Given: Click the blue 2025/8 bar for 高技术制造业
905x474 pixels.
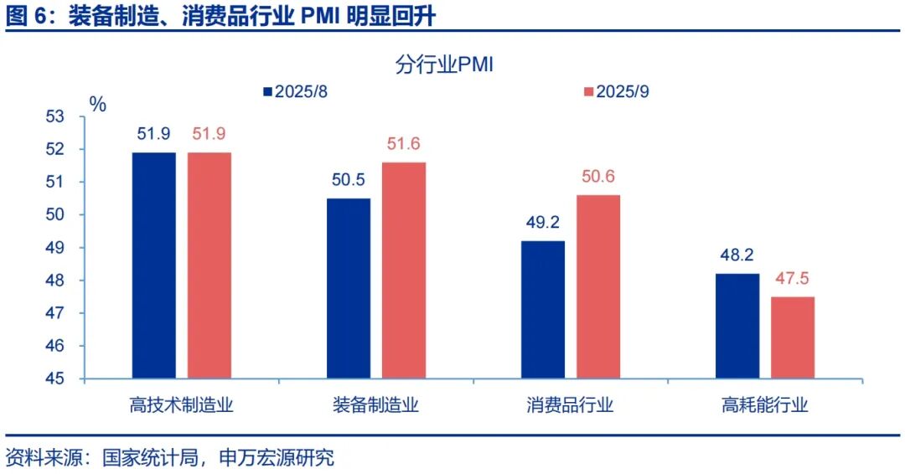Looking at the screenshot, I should pyautogui.click(x=154, y=265).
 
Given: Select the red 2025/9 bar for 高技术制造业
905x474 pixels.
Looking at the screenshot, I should pyautogui.click(x=209, y=265).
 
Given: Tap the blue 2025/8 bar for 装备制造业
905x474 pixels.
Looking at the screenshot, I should pyautogui.click(x=349, y=288).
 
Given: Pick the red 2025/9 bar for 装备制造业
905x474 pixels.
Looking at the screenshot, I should pyautogui.click(x=404, y=270).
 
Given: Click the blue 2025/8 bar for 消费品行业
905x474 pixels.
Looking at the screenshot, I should pyautogui.click(x=543, y=309).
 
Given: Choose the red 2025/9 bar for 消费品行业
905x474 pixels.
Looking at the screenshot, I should pyautogui.click(x=598, y=286).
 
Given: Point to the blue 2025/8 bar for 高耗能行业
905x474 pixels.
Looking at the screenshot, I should pyautogui.click(x=737, y=326).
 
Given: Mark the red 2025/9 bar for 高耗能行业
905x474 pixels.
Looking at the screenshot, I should pyautogui.click(x=793, y=337).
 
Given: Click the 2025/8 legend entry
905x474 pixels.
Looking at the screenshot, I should pyautogui.click(x=295, y=91).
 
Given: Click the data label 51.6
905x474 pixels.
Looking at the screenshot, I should pyautogui.click(x=404, y=144).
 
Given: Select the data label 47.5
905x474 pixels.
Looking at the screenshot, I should pyautogui.click(x=793, y=279).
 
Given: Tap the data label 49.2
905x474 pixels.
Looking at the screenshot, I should pyautogui.click(x=543, y=224).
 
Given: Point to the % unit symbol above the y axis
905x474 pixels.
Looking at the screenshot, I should pyautogui.click(x=98, y=105).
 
